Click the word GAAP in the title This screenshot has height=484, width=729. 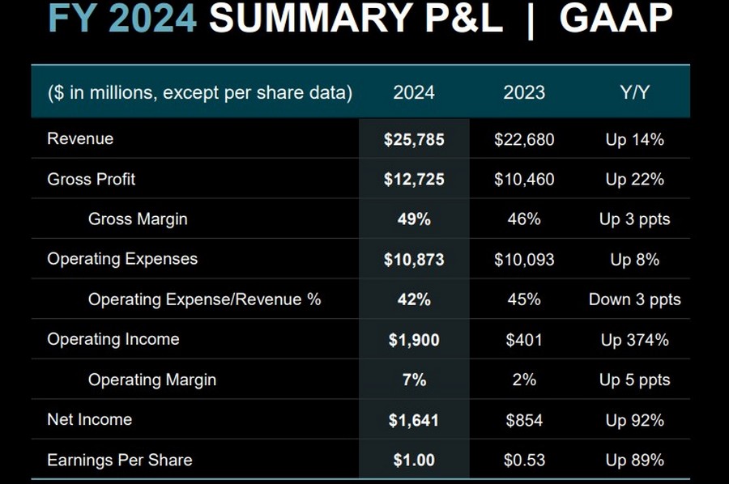click(x=616, y=19)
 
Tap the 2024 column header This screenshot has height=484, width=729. click(x=414, y=92)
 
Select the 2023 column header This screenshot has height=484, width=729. click(x=524, y=92)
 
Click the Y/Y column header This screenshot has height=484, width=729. click(x=634, y=92)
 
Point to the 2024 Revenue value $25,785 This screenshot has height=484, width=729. click(x=414, y=139)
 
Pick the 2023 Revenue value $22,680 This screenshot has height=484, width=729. click(x=524, y=139)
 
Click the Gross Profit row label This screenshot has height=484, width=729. click(x=92, y=179)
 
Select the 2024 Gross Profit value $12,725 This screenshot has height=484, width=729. click(x=414, y=179)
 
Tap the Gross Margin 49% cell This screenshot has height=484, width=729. click(x=414, y=219)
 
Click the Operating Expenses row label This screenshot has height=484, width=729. click(x=122, y=259)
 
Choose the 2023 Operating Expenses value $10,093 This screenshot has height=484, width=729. click(x=524, y=260)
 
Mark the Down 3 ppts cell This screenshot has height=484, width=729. click(x=634, y=299)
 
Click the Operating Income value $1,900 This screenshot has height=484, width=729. click(x=414, y=340)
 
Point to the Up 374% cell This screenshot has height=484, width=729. click(x=634, y=340)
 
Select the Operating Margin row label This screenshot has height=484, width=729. click(x=152, y=380)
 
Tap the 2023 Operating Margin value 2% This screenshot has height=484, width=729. click(x=524, y=380)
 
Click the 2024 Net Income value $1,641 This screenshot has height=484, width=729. click(x=414, y=420)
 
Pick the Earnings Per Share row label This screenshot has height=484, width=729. click(x=120, y=460)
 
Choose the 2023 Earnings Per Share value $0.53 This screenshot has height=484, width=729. click(x=524, y=460)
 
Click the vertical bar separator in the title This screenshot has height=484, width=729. click(x=531, y=21)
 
